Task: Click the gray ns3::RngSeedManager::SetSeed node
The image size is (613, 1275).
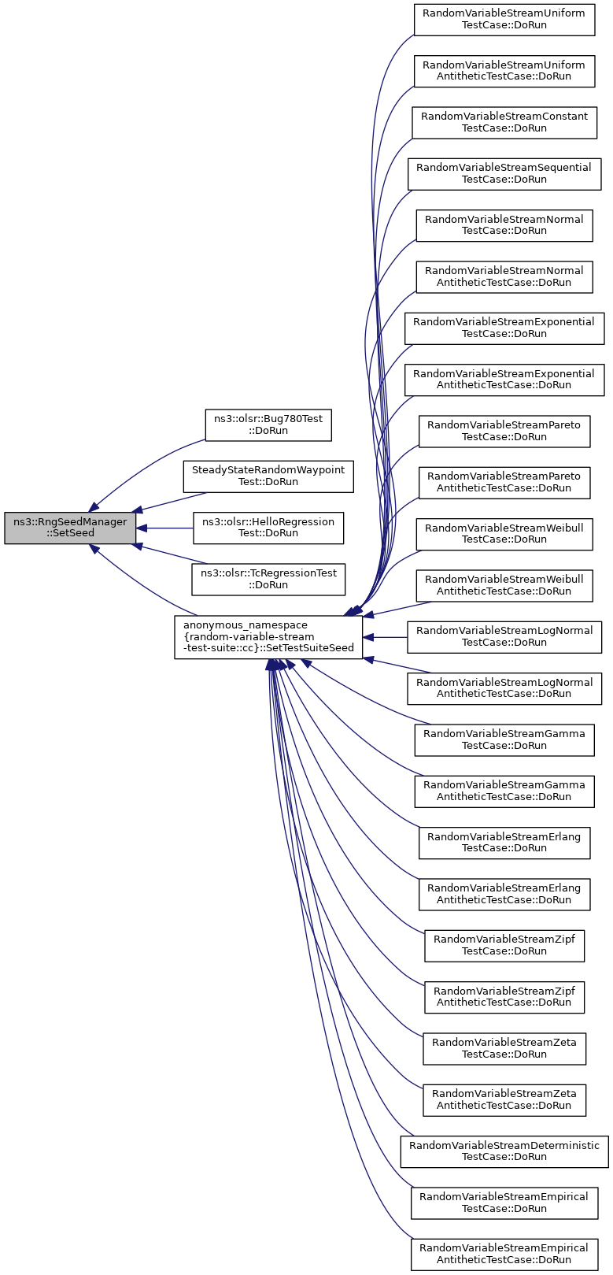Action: click(x=70, y=528)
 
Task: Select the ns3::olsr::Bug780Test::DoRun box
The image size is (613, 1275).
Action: click(x=268, y=424)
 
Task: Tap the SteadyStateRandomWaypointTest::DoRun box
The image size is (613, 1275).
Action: click(x=268, y=476)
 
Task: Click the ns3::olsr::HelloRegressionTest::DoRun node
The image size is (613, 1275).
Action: click(x=268, y=528)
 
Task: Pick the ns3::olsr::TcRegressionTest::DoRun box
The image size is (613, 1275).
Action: click(x=268, y=580)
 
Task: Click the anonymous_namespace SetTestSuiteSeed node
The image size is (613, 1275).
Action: click(x=268, y=637)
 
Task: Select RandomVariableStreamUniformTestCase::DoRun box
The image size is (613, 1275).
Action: click(x=504, y=20)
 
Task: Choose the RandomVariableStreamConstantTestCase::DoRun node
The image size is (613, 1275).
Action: click(x=504, y=122)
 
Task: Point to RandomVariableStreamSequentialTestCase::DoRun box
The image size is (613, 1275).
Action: click(x=504, y=174)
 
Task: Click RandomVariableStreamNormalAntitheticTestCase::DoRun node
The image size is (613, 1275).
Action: click(x=504, y=277)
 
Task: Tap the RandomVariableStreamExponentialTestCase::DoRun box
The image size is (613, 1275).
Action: click(x=504, y=328)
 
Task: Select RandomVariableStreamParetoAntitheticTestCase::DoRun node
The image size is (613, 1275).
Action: click(x=504, y=483)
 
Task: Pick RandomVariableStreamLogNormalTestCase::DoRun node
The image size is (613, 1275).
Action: click(x=504, y=637)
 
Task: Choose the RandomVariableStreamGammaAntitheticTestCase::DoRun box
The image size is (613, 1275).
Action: click(x=504, y=791)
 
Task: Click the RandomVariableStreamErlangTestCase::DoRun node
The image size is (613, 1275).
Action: click(x=504, y=843)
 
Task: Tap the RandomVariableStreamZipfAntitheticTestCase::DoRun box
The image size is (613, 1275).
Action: click(x=504, y=997)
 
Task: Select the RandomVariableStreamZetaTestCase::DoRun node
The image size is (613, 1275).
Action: click(x=504, y=1048)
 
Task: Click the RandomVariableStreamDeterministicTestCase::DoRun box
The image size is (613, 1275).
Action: click(x=504, y=1151)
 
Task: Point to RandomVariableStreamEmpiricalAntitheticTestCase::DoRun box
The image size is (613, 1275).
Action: click(x=504, y=1255)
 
